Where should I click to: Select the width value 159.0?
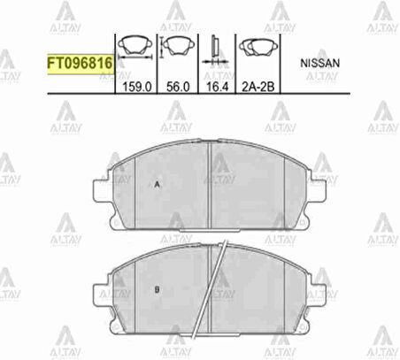pos(136,87)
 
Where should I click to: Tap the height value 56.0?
pos(178,87)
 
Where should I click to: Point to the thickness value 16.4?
pos(218,87)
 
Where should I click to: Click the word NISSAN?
pos(319,64)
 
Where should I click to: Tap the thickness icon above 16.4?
pos(217,49)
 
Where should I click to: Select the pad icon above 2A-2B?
pos(258,48)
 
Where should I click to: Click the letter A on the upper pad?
pos(157,185)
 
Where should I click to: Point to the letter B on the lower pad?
pos(156,289)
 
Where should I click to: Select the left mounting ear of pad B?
pos(99,292)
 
